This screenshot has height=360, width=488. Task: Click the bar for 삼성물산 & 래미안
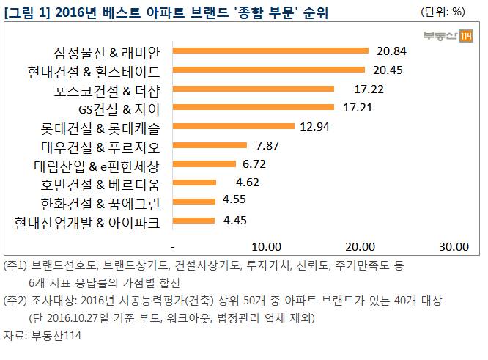coord(270,51)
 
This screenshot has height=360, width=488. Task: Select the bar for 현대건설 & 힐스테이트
coord(269,70)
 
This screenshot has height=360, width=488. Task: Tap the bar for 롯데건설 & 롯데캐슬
coord(234,126)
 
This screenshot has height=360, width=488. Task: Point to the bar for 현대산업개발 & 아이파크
coord(194,220)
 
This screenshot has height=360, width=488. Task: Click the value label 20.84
coord(391,51)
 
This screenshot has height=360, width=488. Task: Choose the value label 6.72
coord(256,164)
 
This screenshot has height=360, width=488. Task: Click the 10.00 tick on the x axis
coord(267,245)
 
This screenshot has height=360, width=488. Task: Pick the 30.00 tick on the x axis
coord(454,245)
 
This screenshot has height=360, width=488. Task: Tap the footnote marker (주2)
coord(15,301)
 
